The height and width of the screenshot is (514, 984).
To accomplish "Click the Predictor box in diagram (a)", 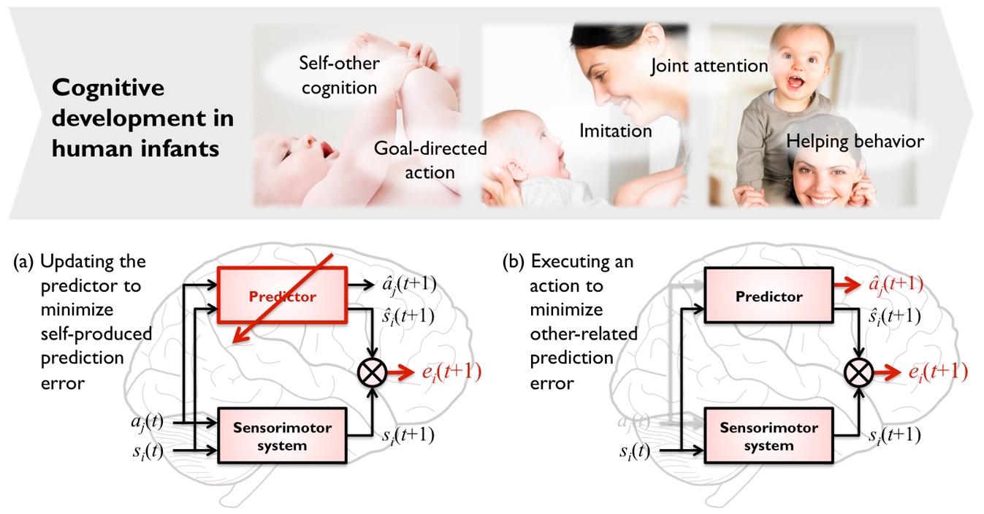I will [282, 296].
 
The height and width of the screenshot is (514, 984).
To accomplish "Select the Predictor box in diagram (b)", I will [768, 296].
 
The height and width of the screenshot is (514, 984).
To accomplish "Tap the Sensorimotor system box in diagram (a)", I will [282, 436].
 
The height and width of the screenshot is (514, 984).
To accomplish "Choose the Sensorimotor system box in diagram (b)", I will [768, 436].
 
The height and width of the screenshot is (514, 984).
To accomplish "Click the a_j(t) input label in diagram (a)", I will [147, 422].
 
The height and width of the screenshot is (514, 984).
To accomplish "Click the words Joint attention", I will [709, 66].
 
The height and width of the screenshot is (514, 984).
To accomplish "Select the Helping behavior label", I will [855, 141].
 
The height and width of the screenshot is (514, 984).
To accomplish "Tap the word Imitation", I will [615, 131].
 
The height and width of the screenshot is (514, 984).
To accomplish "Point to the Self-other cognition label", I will [339, 75].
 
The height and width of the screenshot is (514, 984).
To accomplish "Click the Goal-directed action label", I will [430, 161].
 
